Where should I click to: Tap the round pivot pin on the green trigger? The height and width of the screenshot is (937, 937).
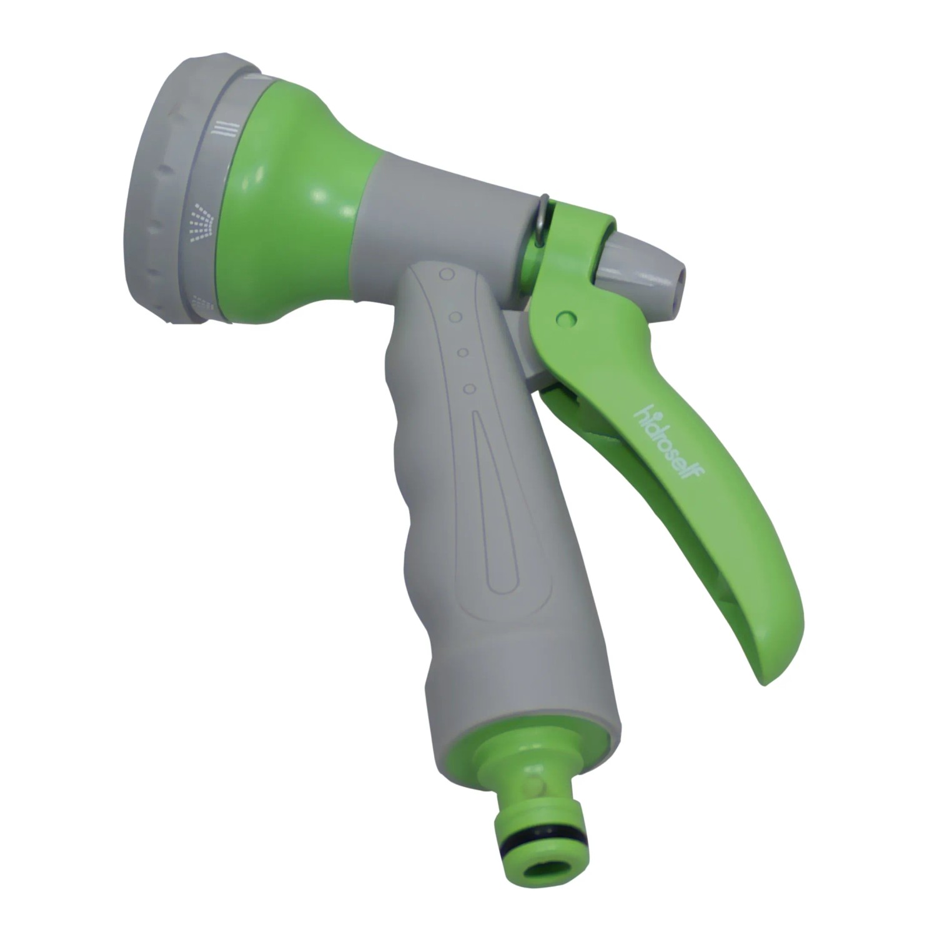pyautogui.click(x=567, y=318)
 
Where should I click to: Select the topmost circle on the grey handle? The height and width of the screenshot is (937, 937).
pyautogui.click(x=446, y=274)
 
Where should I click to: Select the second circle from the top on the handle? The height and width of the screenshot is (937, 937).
pyautogui.click(x=456, y=317)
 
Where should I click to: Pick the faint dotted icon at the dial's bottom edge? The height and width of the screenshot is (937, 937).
pyautogui.click(x=203, y=300)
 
